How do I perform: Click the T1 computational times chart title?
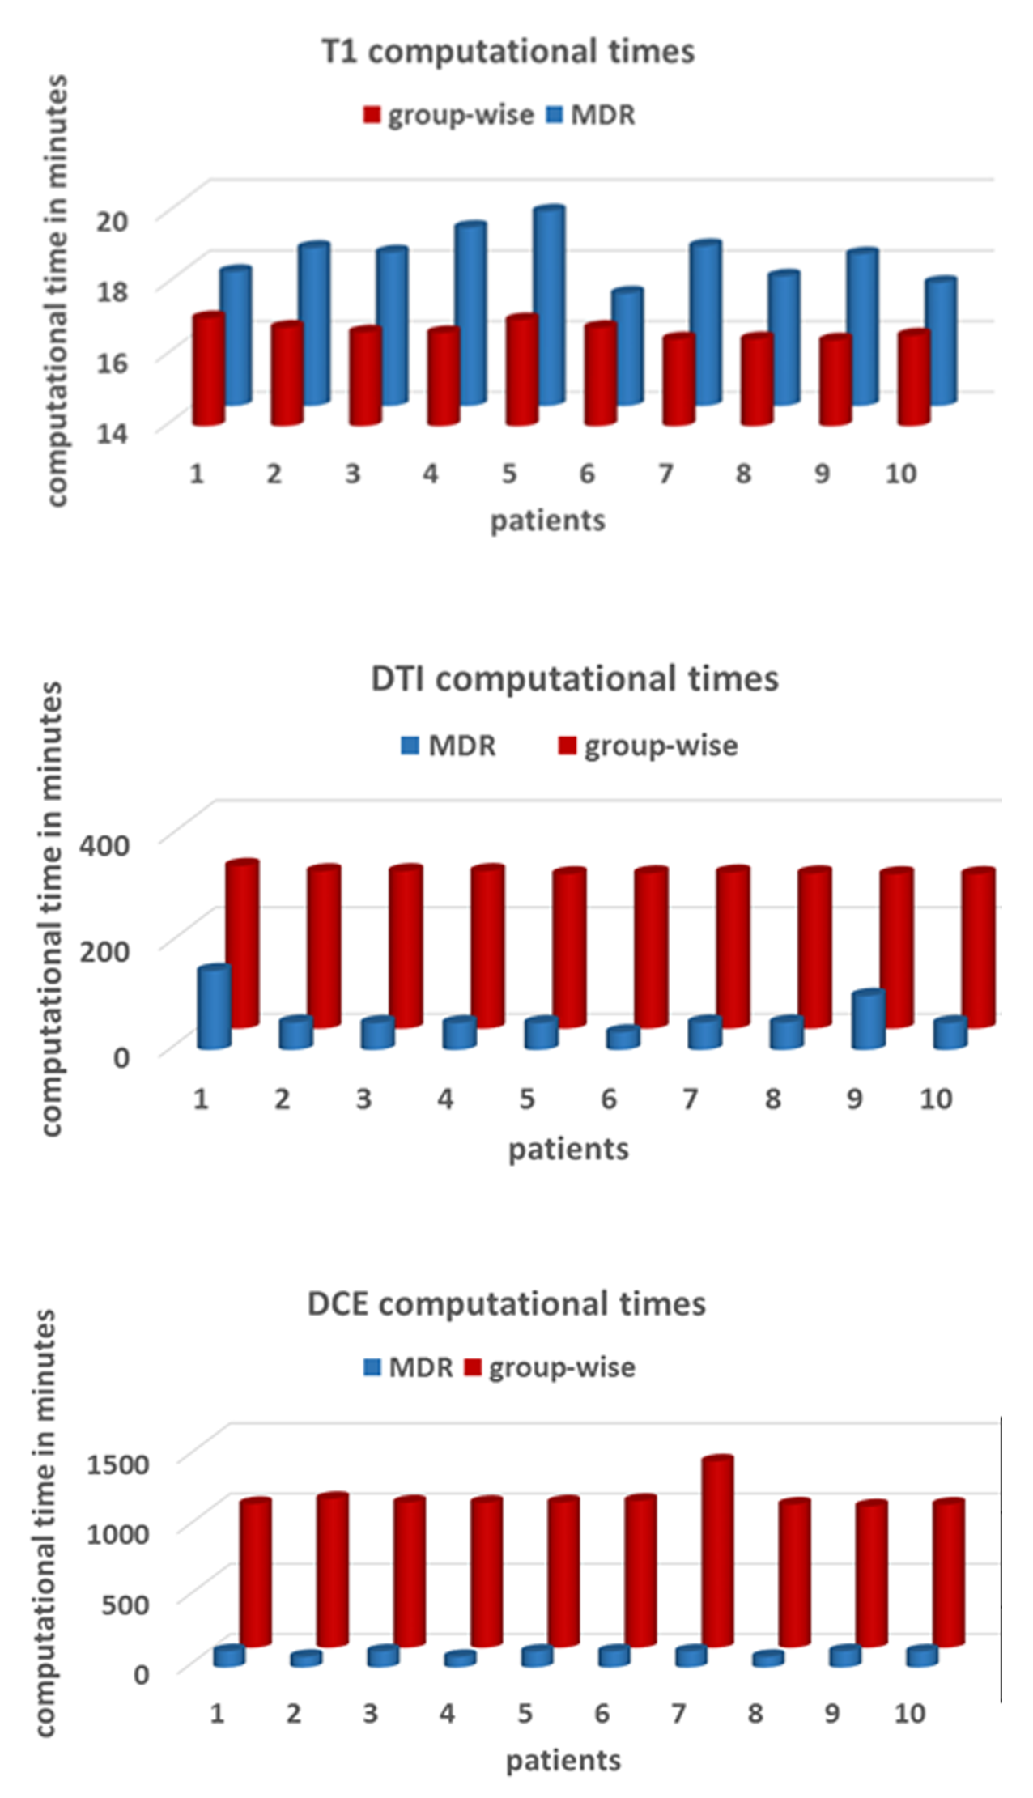pyautogui.click(x=508, y=52)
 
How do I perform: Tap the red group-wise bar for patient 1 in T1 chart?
pyautogui.click(x=208, y=369)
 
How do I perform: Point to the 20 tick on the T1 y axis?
pyautogui.click(x=112, y=220)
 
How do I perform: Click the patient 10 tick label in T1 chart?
pyautogui.click(x=900, y=474)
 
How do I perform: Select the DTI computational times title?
pyautogui.click(x=574, y=678)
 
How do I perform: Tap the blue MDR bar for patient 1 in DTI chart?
pyautogui.click(x=215, y=1007)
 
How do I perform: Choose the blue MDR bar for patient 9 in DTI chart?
pyautogui.click(x=869, y=1019)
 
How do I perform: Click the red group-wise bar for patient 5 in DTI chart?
pyautogui.click(x=569, y=947)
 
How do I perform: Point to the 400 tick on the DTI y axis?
pyautogui.click(x=104, y=845)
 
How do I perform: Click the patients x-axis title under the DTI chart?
pyautogui.click(x=568, y=1149)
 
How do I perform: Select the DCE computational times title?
pyautogui.click(x=506, y=1303)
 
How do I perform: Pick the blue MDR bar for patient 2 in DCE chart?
pyautogui.click(x=306, y=1659)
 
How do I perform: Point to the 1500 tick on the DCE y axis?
pyautogui.click(x=117, y=1464)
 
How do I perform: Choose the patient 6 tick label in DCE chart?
pyautogui.click(x=602, y=1713)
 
